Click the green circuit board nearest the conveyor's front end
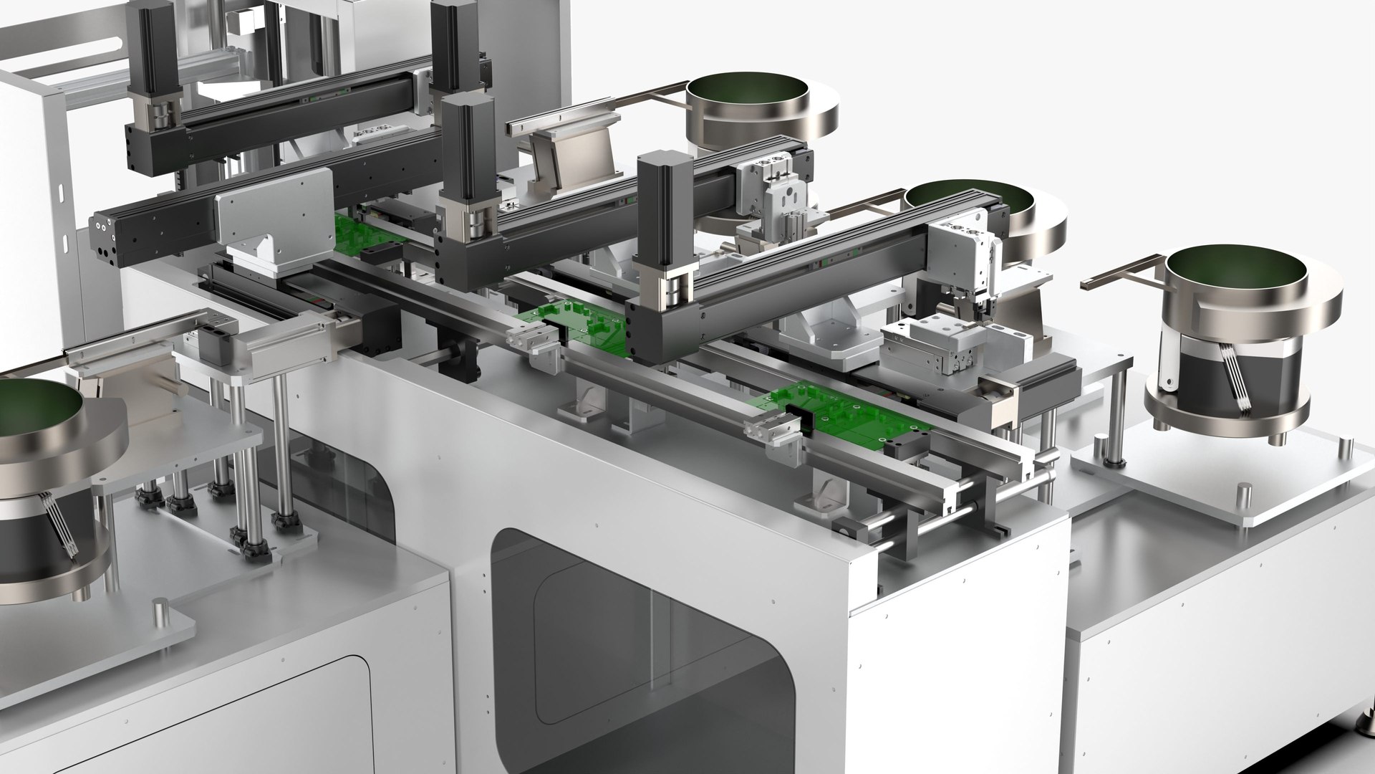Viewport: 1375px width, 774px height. click(845, 415)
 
